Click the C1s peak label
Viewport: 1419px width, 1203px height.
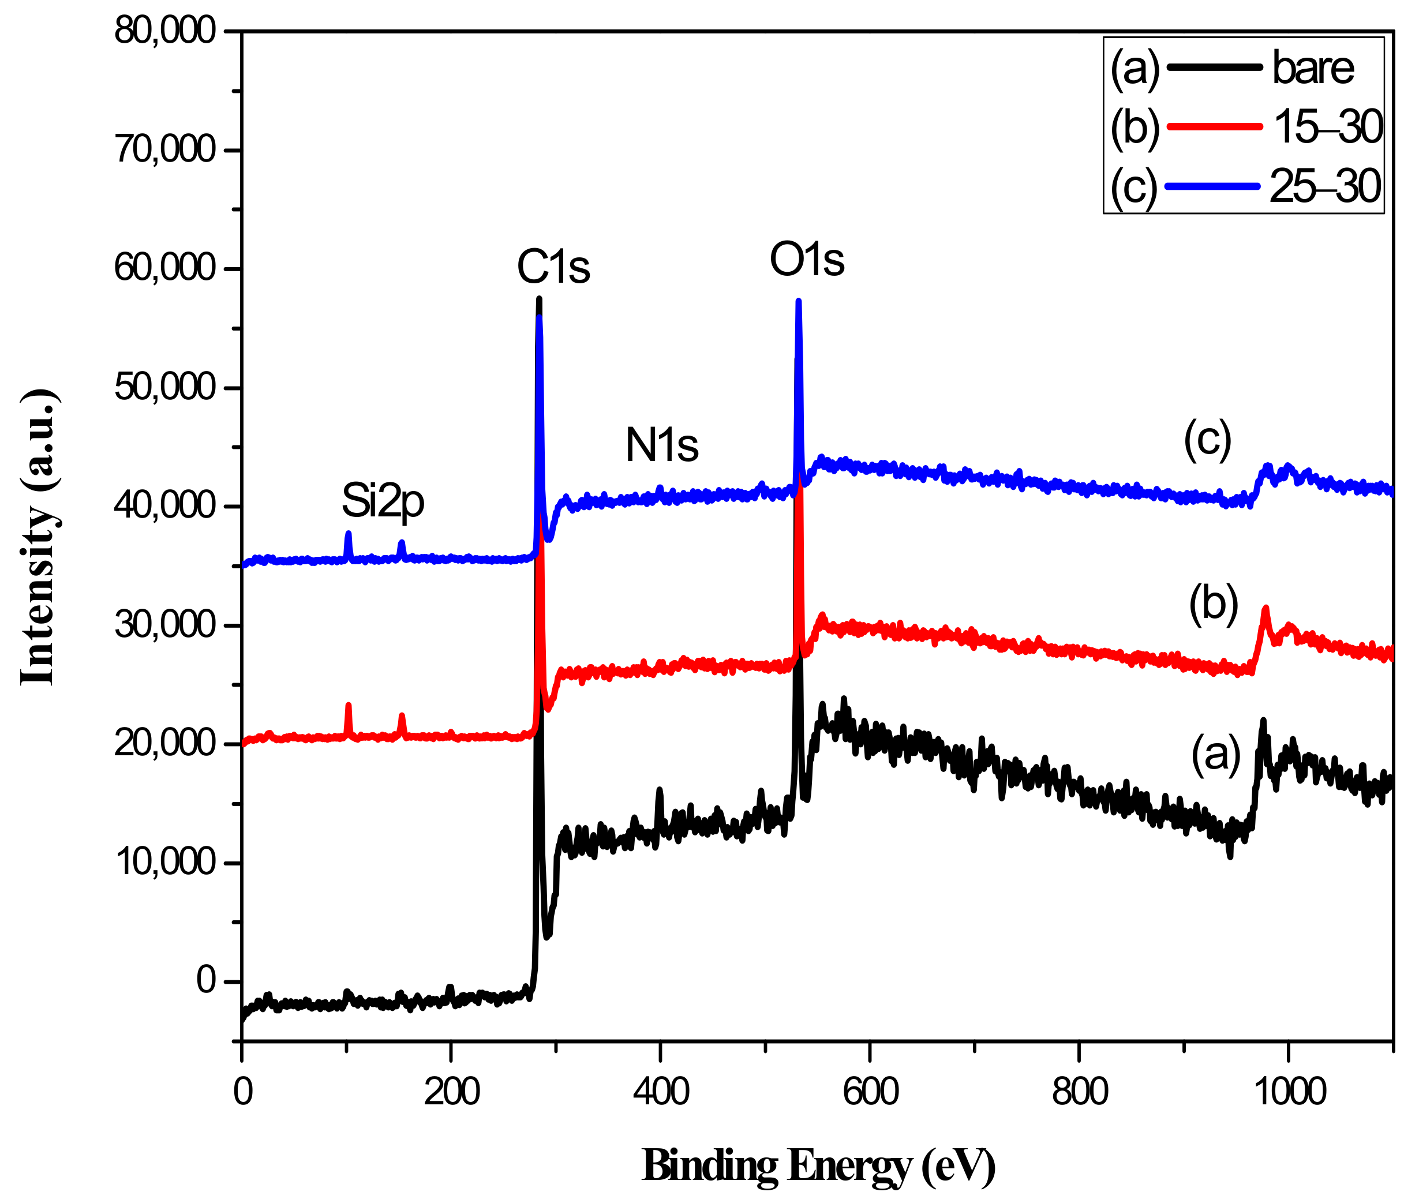(553, 267)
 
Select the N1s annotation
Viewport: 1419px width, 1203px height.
(661, 445)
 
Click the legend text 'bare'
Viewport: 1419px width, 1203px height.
(1313, 68)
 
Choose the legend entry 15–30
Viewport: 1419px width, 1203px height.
(1327, 127)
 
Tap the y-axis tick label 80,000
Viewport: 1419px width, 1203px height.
(164, 31)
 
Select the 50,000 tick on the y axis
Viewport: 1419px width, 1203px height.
(164, 387)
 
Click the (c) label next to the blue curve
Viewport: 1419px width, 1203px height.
(1208, 439)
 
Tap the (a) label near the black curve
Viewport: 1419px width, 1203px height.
(1215, 754)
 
